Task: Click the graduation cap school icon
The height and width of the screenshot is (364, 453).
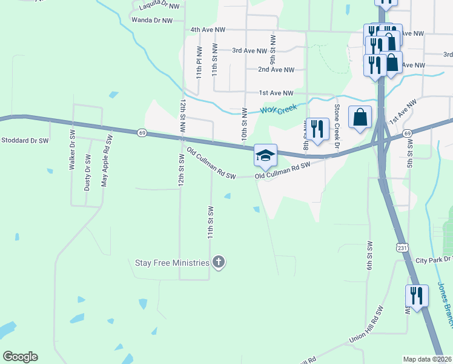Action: [x=265, y=156]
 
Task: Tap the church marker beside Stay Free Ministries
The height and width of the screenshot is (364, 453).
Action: [x=219, y=263]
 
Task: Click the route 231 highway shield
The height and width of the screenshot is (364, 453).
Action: [x=402, y=247]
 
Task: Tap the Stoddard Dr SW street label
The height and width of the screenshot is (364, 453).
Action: [x=24, y=141]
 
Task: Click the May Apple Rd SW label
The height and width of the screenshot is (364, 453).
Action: [x=107, y=161]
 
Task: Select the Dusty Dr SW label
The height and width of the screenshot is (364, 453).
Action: [x=88, y=172]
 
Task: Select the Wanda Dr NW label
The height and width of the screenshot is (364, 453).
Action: [x=152, y=20]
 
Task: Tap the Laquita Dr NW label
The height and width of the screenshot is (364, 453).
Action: [x=159, y=5]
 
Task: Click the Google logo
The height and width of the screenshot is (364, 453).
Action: [x=20, y=357]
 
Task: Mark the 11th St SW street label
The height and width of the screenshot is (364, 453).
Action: [x=211, y=222]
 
